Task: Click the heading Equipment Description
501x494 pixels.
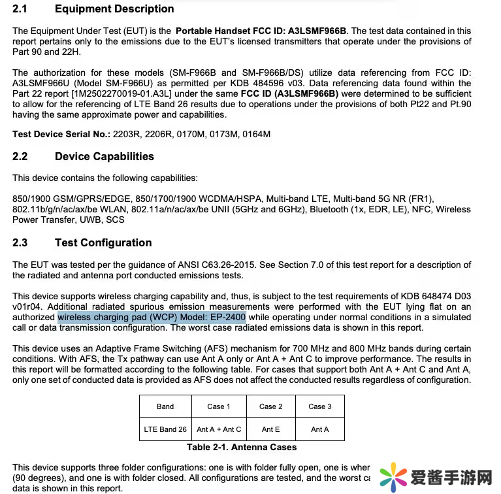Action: tap(114, 9)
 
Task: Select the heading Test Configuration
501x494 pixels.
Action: tap(103, 243)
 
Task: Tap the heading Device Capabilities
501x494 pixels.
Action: tap(105, 157)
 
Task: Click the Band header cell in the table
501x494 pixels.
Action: tap(165, 406)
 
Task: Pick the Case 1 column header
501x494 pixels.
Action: tap(219, 406)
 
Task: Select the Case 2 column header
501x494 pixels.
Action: tap(271, 406)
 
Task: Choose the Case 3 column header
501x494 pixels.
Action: tap(320, 406)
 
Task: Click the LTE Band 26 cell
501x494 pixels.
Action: tap(165, 429)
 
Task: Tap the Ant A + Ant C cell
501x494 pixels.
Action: tap(219, 429)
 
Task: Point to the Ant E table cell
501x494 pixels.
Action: tap(271, 429)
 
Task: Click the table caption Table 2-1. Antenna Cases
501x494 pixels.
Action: tap(242, 448)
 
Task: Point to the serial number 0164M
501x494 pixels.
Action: tap(255, 135)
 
